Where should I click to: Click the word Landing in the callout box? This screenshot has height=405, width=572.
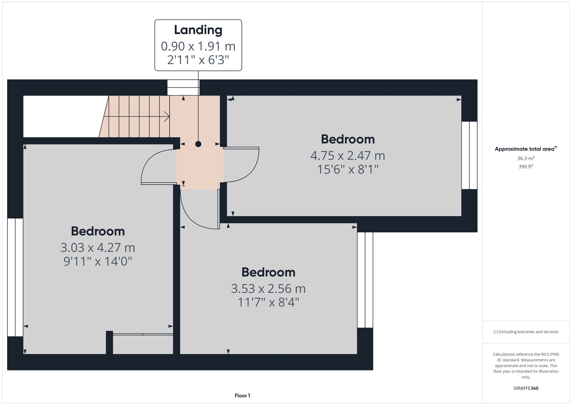tap(198, 30)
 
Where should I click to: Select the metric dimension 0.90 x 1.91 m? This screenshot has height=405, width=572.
tap(198, 46)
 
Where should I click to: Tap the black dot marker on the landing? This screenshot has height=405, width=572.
tap(198, 144)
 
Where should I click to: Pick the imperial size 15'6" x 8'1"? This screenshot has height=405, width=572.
tap(347, 170)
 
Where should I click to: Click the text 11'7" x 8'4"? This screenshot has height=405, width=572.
tap(268, 303)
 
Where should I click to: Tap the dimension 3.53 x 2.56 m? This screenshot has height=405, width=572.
tap(268, 289)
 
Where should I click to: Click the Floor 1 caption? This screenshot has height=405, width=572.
tap(242, 396)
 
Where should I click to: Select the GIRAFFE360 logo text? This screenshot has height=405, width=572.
tap(526, 388)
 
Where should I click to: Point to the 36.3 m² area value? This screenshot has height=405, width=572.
tap(526, 158)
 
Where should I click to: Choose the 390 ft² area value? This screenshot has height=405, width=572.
tap(526, 166)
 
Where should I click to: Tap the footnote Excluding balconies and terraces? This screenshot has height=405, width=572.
tap(526, 332)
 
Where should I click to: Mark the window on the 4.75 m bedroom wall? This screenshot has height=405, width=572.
tap(469, 155)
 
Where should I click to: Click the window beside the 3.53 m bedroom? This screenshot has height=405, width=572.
tap(365, 280)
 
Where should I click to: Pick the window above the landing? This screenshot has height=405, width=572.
tap(183, 87)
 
